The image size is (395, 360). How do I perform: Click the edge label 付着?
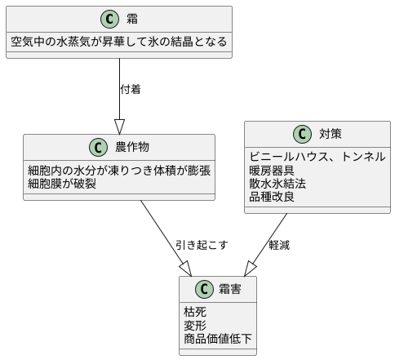point(131,89)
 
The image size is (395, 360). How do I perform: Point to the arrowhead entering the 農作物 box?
point(119,127)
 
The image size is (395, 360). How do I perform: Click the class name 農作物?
point(131,148)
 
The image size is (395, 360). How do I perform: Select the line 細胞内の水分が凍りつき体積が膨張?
point(119,170)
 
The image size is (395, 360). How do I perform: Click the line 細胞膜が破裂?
point(62,183)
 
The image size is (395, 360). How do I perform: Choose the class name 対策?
point(330,135)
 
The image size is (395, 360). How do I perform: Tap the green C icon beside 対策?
point(304,135)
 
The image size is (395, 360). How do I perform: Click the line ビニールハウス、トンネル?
point(317,157)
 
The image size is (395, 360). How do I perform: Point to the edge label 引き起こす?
point(202,244)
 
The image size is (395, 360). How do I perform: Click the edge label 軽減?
point(280,244)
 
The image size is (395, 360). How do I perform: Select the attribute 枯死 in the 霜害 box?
point(195,312)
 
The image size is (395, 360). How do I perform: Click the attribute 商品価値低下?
point(218,338)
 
